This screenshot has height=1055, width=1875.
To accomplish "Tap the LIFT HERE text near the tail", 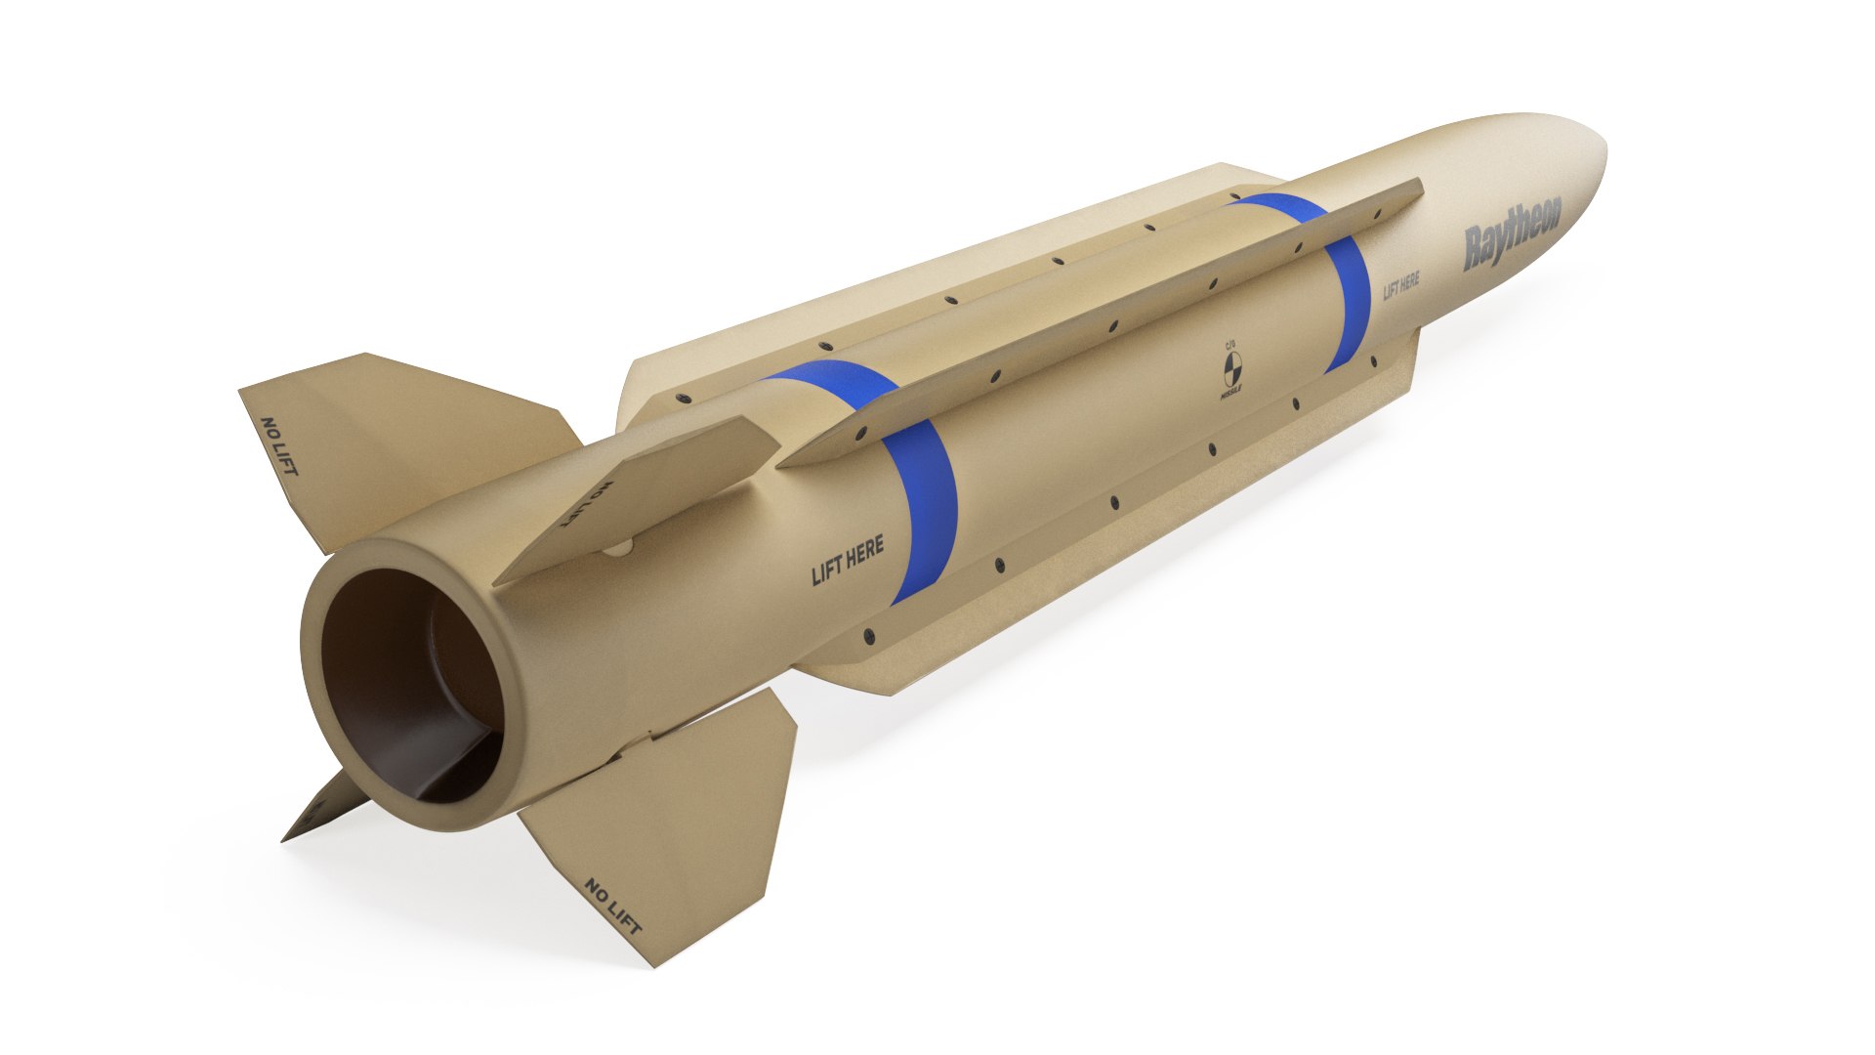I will tap(848, 561).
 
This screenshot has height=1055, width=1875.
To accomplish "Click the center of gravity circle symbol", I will tap(1231, 371).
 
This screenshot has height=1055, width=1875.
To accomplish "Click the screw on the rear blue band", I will tap(862, 437).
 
